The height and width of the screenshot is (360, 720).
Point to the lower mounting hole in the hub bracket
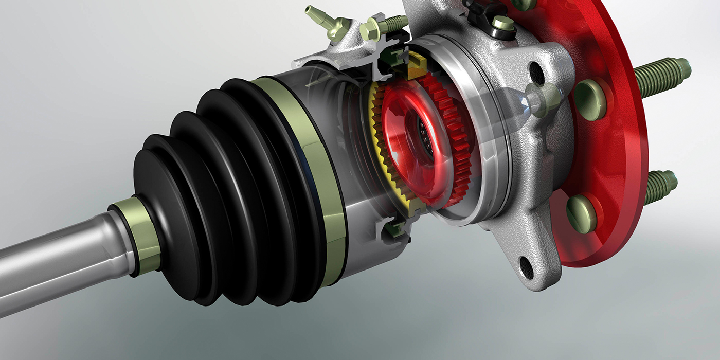[526, 267]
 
